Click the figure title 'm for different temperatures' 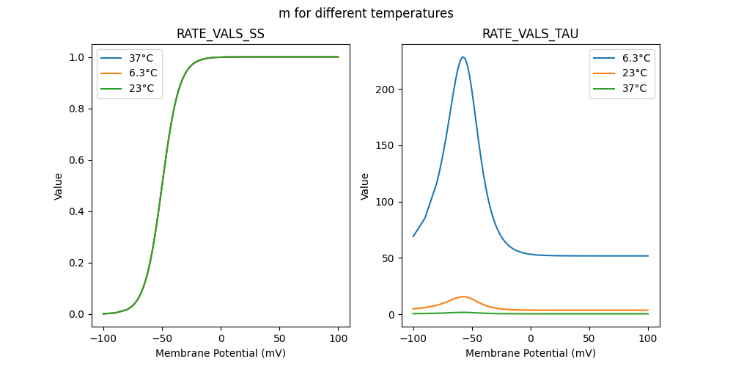(366, 13)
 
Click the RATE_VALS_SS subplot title (221, 34)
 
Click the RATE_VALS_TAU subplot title (531, 34)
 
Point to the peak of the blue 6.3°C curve (463, 57)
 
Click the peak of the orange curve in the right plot (463, 297)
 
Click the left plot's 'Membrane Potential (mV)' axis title (221, 353)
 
